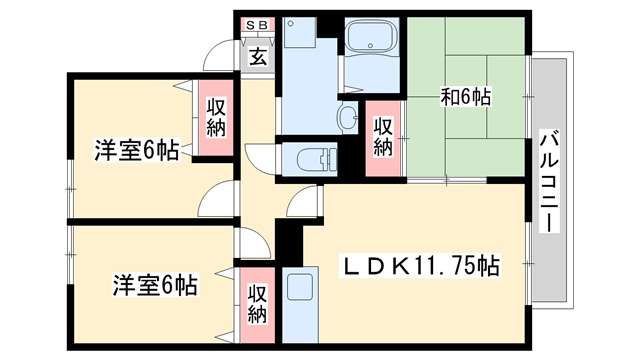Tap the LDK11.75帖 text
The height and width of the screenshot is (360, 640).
(421, 267)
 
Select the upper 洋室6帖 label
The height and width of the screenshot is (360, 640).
(136, 151)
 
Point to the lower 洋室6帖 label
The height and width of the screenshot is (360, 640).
(154, 285)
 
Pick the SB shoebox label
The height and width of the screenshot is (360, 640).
(256, 23)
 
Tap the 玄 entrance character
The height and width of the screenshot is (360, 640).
(257, 56)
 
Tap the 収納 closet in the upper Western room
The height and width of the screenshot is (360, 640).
(216, 117)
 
